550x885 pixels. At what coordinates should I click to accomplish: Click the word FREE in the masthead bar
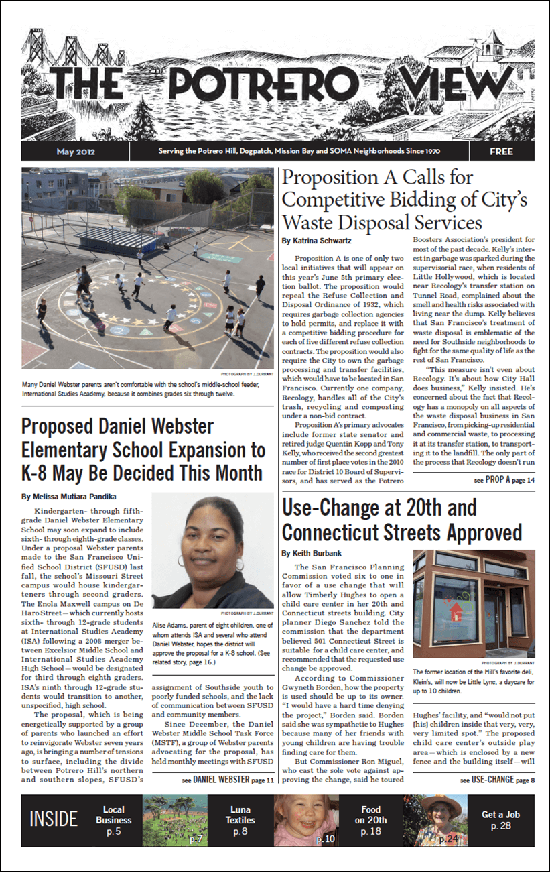pos(500,152)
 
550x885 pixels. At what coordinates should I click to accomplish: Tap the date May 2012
pos(75,152)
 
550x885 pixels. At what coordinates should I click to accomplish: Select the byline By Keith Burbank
pos(311,553)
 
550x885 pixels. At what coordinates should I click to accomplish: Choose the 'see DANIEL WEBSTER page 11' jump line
pos(228,780)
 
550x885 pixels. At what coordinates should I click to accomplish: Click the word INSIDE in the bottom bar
pos(54,819)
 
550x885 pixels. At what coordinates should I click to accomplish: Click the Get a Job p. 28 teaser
pos(500,820)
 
